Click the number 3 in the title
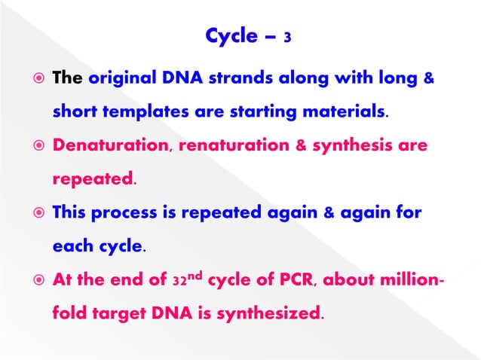[x=288, y=36]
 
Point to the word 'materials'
[x=349, y=113]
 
